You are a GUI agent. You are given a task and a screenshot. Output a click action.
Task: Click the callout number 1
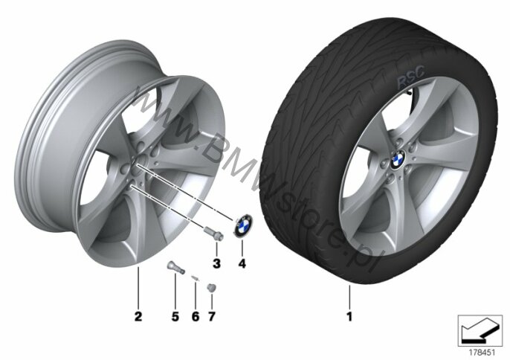coord(349,316)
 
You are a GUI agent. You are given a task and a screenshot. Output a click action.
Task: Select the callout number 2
coord(138,316)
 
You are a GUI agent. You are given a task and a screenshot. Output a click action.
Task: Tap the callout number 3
coord(216,263)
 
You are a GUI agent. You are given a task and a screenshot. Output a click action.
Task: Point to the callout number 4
coord(242,263)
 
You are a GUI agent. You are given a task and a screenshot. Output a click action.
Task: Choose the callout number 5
coord(175,316)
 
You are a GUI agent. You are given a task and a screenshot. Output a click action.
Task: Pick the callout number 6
coord(195,316)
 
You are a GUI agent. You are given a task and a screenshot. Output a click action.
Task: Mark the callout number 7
coord(212,316)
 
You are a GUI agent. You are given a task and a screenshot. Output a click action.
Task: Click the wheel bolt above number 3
coord(213,234)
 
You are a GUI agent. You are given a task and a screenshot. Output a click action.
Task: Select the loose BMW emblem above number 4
coord(243,225)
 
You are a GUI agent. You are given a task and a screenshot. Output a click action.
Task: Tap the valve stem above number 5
coord(175,268)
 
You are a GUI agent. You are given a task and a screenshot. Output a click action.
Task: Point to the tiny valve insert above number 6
coord(195,277)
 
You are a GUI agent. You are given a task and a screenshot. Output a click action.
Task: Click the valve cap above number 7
coord(212,288)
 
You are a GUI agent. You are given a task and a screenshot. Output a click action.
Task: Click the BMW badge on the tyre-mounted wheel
coord(398,160)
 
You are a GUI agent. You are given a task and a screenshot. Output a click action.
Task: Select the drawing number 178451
coord(482,353)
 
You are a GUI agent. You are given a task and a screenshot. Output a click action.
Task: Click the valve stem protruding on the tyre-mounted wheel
coord(409,92)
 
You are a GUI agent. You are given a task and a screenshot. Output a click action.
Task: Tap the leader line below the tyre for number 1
coord(349,296)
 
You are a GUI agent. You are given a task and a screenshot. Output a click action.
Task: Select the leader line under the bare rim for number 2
coord(138,287)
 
